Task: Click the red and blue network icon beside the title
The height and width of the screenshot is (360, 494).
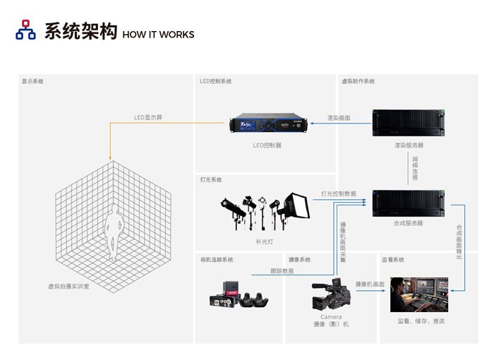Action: [x=25, y=30]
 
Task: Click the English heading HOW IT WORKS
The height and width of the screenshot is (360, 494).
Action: [x=158, y=35]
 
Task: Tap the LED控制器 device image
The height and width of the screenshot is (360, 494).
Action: [x=268, y=123]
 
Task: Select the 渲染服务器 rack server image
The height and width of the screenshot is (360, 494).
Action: [x=409, y=123]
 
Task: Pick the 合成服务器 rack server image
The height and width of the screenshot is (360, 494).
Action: [x=409, y=203]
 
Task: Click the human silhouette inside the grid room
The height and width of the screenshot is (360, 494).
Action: [x=114, y=232]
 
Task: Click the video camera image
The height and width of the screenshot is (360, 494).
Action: [x=331, y=294]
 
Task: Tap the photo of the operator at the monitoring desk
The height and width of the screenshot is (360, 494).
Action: [x=419, y=295]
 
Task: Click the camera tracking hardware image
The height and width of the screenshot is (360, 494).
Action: [x=239, y=295]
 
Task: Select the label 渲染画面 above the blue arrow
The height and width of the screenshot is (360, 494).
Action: [x=339, y=118]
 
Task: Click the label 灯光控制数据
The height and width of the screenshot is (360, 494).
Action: [x=339, y=193]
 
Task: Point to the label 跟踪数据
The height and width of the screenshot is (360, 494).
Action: [x=282, y=271]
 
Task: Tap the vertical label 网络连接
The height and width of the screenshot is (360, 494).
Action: [x=415, y=168]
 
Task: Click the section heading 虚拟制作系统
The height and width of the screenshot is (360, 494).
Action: [x=359, y=81]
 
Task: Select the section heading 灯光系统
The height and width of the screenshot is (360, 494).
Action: [x=211, y=180]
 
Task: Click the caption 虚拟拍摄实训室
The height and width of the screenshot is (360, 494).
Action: [x=68, y=286]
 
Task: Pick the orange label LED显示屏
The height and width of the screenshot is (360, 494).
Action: [x=147, y=117]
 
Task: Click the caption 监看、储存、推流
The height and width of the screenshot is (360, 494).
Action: [x=421, y=321]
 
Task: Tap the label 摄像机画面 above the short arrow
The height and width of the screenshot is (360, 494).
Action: [x=370, y=284]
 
